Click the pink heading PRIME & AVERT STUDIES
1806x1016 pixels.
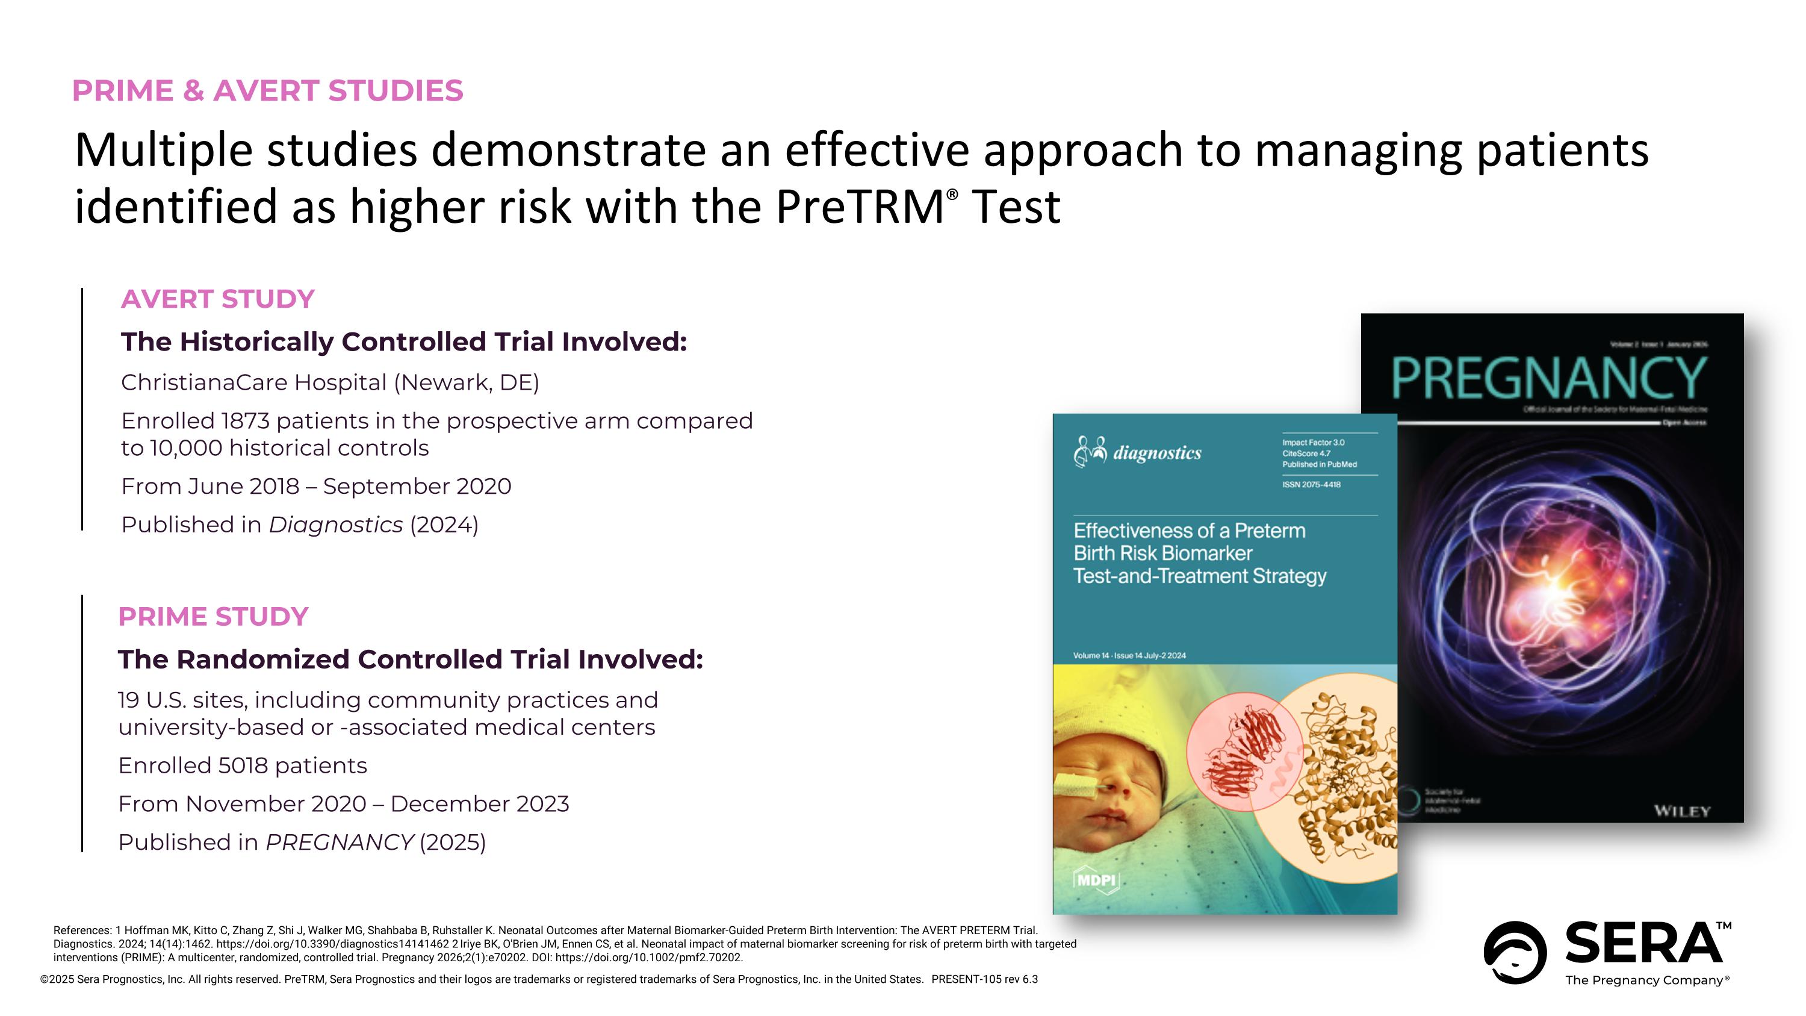click(267, 91)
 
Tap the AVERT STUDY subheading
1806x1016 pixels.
click(217, 299)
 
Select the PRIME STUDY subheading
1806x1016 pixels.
click(213, 617)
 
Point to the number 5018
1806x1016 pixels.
click(243, 765)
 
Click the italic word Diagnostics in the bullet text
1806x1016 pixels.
click(336, 525)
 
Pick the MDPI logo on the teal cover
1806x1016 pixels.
click(1096, 880)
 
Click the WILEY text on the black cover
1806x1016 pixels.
click(1683, 812)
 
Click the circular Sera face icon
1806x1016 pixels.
click(1515, 952)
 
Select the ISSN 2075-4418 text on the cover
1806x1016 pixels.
click(1311, 484)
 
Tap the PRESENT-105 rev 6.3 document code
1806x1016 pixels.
click(984, 979)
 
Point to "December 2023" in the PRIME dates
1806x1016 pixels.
click(480, 804)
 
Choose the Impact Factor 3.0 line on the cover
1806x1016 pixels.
click(1313, 443)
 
